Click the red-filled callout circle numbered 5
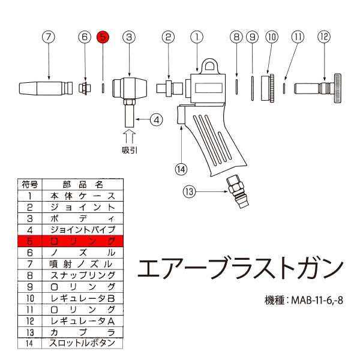[103, 37]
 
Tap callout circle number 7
[49, 37]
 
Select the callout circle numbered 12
[325, 37]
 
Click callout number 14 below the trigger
[182, 169]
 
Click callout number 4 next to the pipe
[156, 119]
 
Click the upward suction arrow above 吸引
[130, 132]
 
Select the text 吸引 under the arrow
[130, 150]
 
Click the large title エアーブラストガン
[241, 268]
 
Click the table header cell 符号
[31, 184]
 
